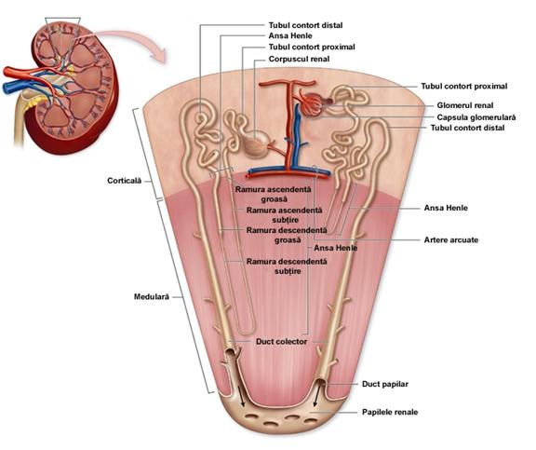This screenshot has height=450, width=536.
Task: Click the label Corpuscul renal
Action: (299, 59)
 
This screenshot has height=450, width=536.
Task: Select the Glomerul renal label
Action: (465, 105)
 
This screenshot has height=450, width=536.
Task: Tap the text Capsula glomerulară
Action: (476, 117)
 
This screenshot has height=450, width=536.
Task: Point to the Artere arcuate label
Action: (451, 239)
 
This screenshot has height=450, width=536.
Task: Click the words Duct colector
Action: (281, 342)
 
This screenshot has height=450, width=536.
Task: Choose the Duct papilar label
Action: (385, 384)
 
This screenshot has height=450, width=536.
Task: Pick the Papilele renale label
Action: (390, 412)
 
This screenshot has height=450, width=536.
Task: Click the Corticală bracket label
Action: (124, 181)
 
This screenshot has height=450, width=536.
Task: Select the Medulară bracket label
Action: (152, 296)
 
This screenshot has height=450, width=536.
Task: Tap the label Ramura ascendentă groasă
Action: (274, 194)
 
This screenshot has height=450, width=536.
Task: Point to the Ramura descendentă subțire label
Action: (287, 266)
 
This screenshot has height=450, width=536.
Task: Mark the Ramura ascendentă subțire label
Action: (285, 215)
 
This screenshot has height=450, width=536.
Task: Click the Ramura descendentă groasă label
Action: (287, 235)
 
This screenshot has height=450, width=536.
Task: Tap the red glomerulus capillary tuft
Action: (311, 103)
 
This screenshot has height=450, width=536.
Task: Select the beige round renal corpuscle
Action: (256, 143)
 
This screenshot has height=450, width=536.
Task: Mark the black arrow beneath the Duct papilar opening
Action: (317, 397)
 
